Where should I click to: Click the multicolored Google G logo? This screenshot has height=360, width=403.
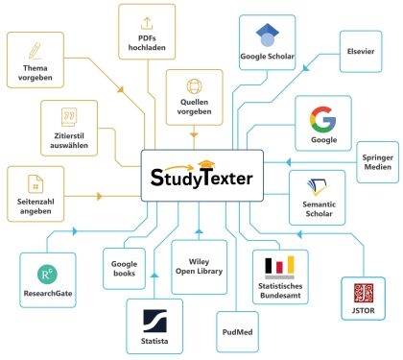click(x=323, y=119)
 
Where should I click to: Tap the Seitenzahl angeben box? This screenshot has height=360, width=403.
click(x=36, y=192)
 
